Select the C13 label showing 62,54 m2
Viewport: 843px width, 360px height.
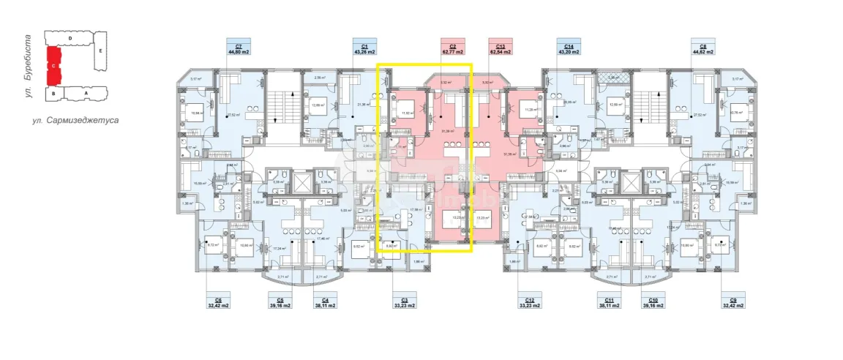point(501,48)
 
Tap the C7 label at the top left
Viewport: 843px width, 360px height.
point(239,48)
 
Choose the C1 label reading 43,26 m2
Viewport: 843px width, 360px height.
point(364,48)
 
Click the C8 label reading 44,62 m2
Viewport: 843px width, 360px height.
point(702,48)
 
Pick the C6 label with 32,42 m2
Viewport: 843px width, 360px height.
point(219,302)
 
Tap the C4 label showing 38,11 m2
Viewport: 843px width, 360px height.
point(326,302)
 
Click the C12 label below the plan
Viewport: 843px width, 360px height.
point(529,302)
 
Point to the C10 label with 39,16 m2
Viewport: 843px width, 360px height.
point(653,302)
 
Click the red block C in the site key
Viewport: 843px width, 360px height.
point(53,64)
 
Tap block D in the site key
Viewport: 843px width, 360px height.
point(70,37)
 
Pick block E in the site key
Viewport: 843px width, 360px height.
point(100,51)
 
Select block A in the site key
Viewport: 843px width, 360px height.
point(86,93)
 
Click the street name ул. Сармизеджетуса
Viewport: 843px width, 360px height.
point(75,119)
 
